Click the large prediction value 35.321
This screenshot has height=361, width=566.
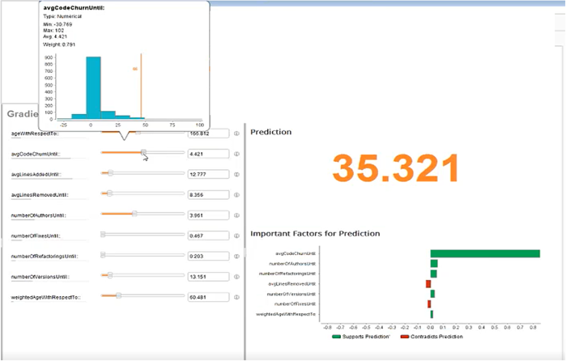395,168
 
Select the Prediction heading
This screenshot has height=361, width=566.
270,132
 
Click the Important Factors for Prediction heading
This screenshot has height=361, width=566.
315,234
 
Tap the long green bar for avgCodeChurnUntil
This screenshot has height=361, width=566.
484,254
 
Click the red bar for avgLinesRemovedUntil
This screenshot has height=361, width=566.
428,284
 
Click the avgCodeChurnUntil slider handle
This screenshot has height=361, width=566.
144,152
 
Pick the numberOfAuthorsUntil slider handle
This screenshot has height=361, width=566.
134,214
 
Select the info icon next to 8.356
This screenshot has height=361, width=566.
237,194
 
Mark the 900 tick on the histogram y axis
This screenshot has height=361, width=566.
50,57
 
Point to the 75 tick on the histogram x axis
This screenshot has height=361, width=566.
172,125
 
